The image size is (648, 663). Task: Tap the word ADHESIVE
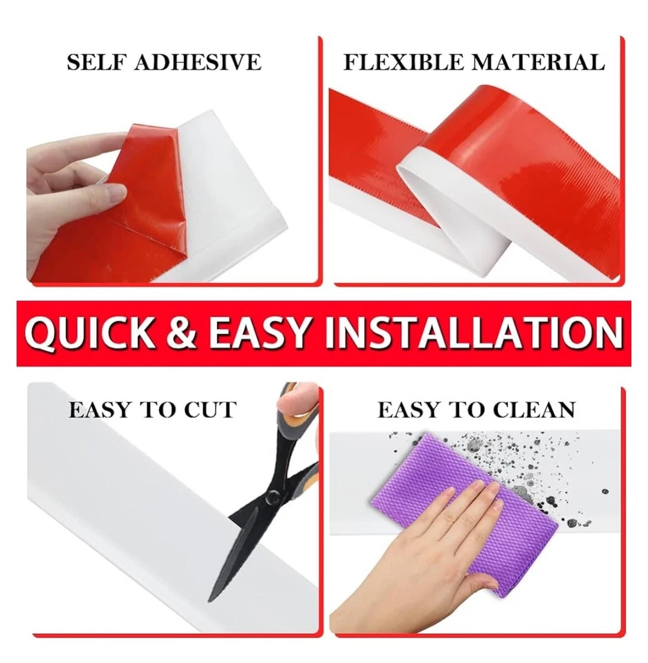click(198, 62)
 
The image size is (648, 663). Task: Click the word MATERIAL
click(538, 62)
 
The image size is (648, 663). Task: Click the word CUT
click(210, 410)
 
